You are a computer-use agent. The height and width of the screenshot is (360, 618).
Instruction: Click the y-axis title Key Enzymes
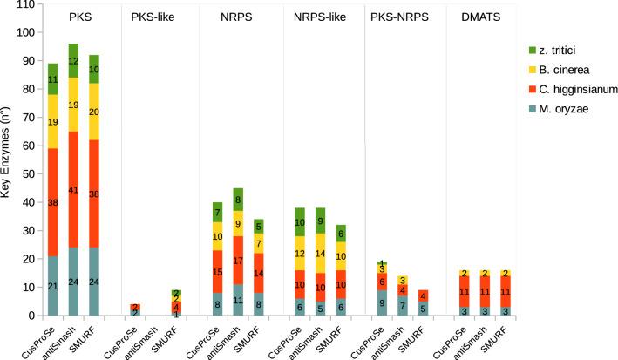(x=10, y=162)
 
